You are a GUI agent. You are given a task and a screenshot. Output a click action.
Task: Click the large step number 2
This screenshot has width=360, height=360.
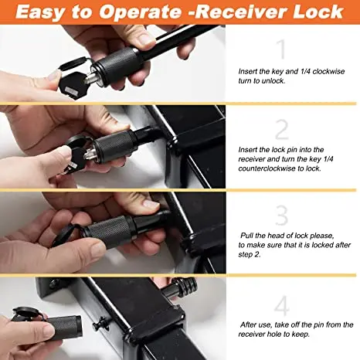coord(282,128)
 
